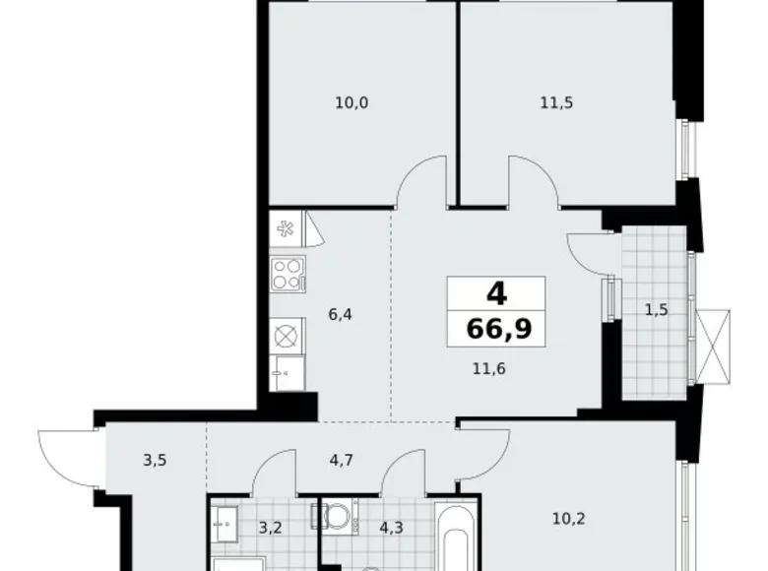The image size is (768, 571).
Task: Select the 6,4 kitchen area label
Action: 342,316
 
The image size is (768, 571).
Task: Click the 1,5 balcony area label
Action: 657,310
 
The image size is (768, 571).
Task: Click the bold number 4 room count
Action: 496,293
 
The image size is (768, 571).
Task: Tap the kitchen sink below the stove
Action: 288,372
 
